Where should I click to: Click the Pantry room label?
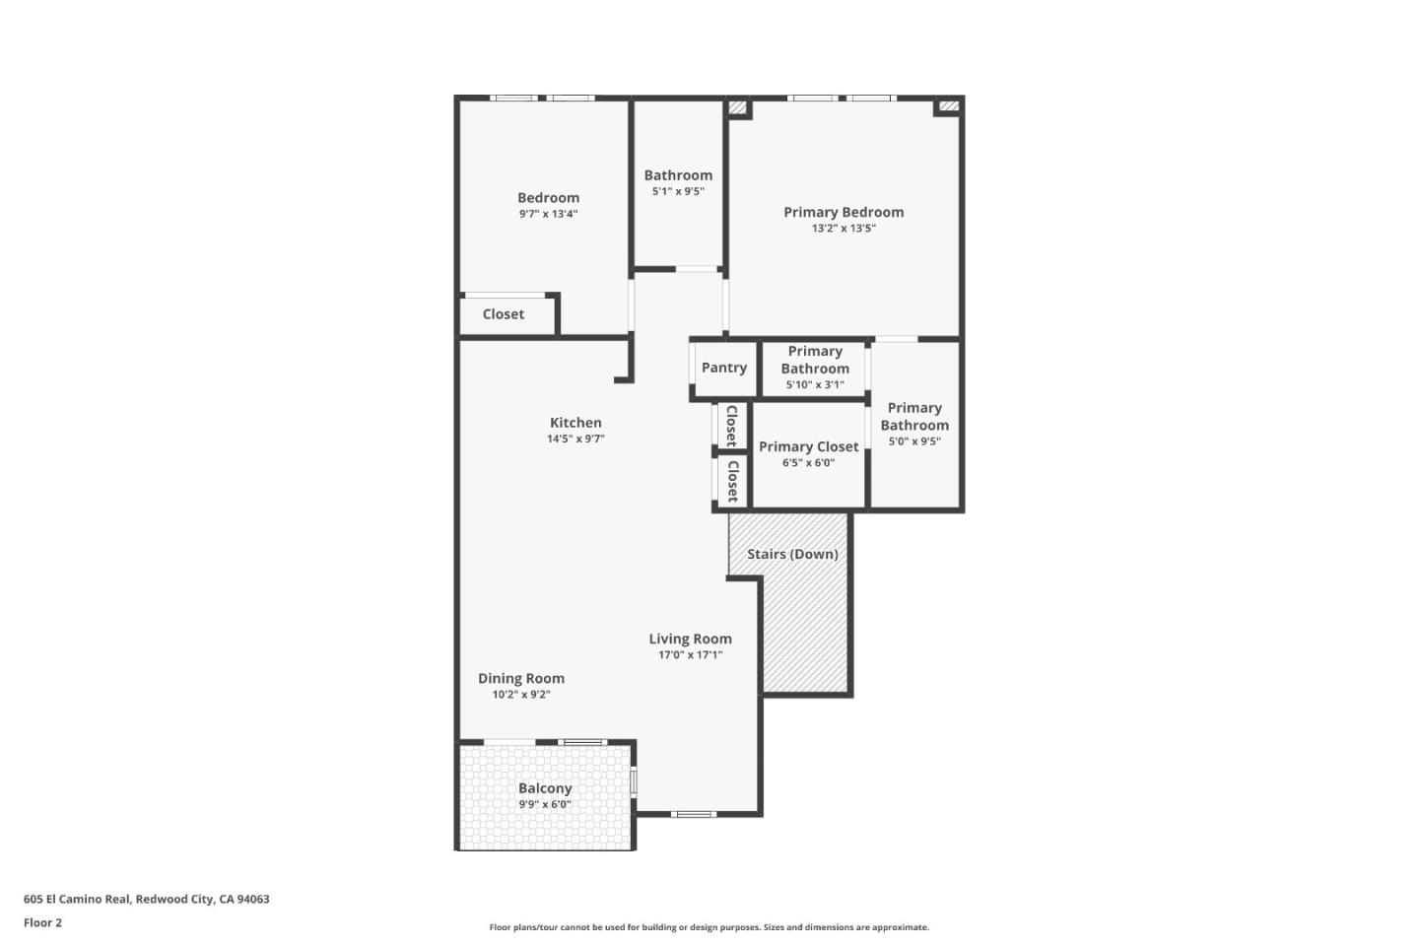coord(723,368)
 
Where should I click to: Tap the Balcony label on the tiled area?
coord(545,788)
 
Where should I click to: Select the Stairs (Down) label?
coord(792,554)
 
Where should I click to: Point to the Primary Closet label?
coord(808,446)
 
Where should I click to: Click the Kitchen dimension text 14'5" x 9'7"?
coord(575,439)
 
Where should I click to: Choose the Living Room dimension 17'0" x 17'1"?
coord(690,655)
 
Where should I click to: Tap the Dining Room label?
coord(521,678)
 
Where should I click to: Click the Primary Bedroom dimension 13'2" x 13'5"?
coord(844,229)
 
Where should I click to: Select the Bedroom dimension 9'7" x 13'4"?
coord(548,214)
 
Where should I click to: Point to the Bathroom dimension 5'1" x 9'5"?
coord(678,192)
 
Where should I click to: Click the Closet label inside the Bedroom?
coord(504,314)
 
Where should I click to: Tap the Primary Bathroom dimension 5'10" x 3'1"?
coord(815,385)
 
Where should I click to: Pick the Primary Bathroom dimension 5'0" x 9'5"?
coord(914,441)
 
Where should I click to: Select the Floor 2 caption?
coord(42,923)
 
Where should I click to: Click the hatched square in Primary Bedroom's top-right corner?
coord(948,105)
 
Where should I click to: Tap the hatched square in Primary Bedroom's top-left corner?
coord(737,107)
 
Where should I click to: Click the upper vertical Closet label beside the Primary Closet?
coord(731,426)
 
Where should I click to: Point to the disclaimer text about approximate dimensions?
coord(709,927)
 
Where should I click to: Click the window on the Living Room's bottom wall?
coord(694,814)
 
